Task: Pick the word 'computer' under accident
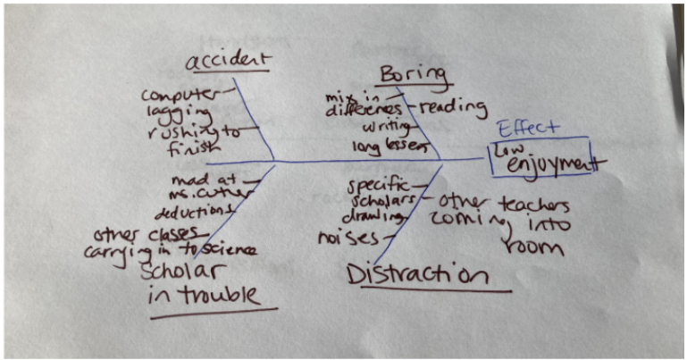(x=177, y=94)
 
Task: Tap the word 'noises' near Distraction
(x=342, y=239)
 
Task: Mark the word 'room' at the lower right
(x=535, y=245)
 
